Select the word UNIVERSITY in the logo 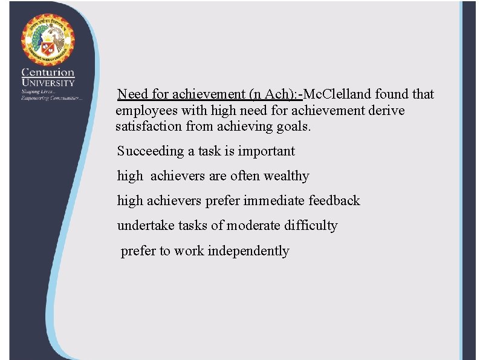point(48,83)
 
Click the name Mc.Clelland point(338,94)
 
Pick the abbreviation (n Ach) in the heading point(273,94)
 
